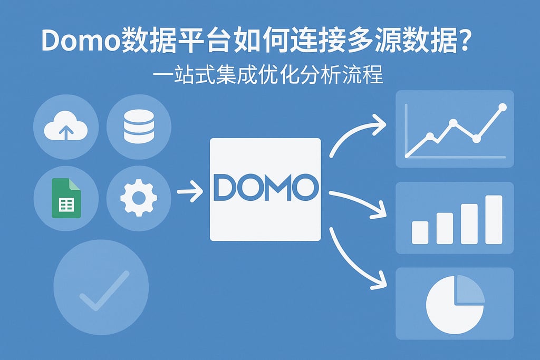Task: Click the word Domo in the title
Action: click(79, 41)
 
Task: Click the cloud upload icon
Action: click(65, 127)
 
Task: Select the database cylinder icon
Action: click(138, 127)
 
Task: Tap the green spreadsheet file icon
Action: click(65, 198)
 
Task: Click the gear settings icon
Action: click(138, 198)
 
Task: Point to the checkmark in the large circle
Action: click(103, 290)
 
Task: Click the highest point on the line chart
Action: click(502, 108)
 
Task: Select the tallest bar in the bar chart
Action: click(494, 219)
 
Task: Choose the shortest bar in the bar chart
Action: click(420, 232)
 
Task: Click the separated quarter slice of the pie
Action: click(469, 290)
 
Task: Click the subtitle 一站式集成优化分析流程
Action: click(268, 76)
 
